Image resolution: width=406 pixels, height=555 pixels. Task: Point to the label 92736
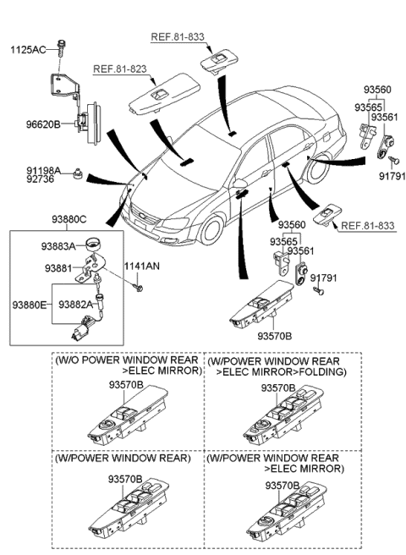tap(27, 181)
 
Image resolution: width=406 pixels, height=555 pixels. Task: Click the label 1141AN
tap(141, 267)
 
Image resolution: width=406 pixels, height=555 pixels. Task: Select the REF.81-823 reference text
tap(119, 69)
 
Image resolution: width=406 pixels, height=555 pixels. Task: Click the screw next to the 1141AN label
tap(139, 288)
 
